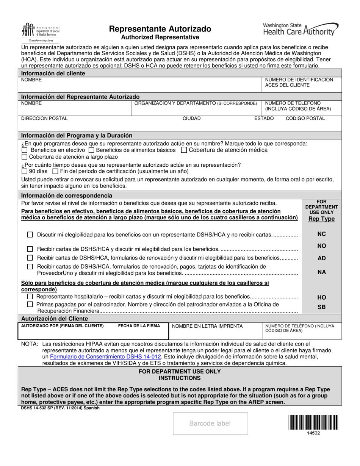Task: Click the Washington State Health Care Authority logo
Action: pos(301,29)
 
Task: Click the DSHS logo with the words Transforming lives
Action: pos(41,32)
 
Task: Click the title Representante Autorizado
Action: pos(160,29)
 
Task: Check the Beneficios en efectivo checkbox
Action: pos(25,150)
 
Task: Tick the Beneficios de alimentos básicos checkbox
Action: pos(91,150)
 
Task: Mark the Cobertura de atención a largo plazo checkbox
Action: pos(25,156)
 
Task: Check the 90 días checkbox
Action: pos(25,171)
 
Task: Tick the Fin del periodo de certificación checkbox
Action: pos(55,171)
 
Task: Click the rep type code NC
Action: pos(321,234)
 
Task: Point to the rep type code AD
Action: pos(321,258)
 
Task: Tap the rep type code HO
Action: pos(321,298)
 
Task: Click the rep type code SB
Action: pos(321,307)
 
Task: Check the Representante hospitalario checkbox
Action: pos(30,297)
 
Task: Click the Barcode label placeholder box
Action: pos(210,424)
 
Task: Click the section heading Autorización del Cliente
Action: pos(55,319)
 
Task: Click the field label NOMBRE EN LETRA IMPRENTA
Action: pos(207,326)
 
